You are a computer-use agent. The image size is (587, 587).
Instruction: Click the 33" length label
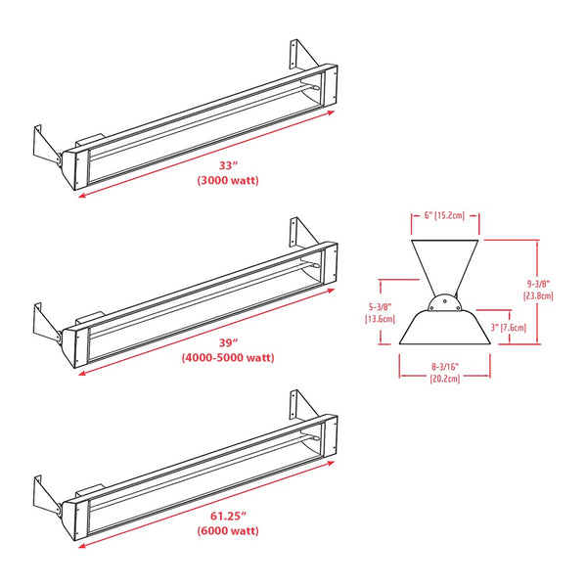[x=226, y=165]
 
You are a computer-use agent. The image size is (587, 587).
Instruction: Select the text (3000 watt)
[x=227, y=181]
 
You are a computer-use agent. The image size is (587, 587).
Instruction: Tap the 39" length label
[x=227, y=342]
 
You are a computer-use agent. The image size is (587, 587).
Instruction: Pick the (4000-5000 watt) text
[x=228, y=358]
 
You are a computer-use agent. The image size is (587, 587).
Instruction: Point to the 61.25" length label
[x=227, y=516]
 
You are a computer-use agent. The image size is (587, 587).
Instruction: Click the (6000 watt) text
[x=227, y=531]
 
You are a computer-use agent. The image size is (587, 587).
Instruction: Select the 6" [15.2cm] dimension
[x=444, y=216]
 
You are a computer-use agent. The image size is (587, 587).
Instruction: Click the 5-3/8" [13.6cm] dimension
[x=381, y=311]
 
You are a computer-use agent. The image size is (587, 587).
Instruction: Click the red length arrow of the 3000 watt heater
[x=205, y=155]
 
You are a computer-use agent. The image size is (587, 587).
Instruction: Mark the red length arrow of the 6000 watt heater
[x=205, y=506]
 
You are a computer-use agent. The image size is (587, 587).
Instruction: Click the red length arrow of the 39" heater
[x=205, y=332]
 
